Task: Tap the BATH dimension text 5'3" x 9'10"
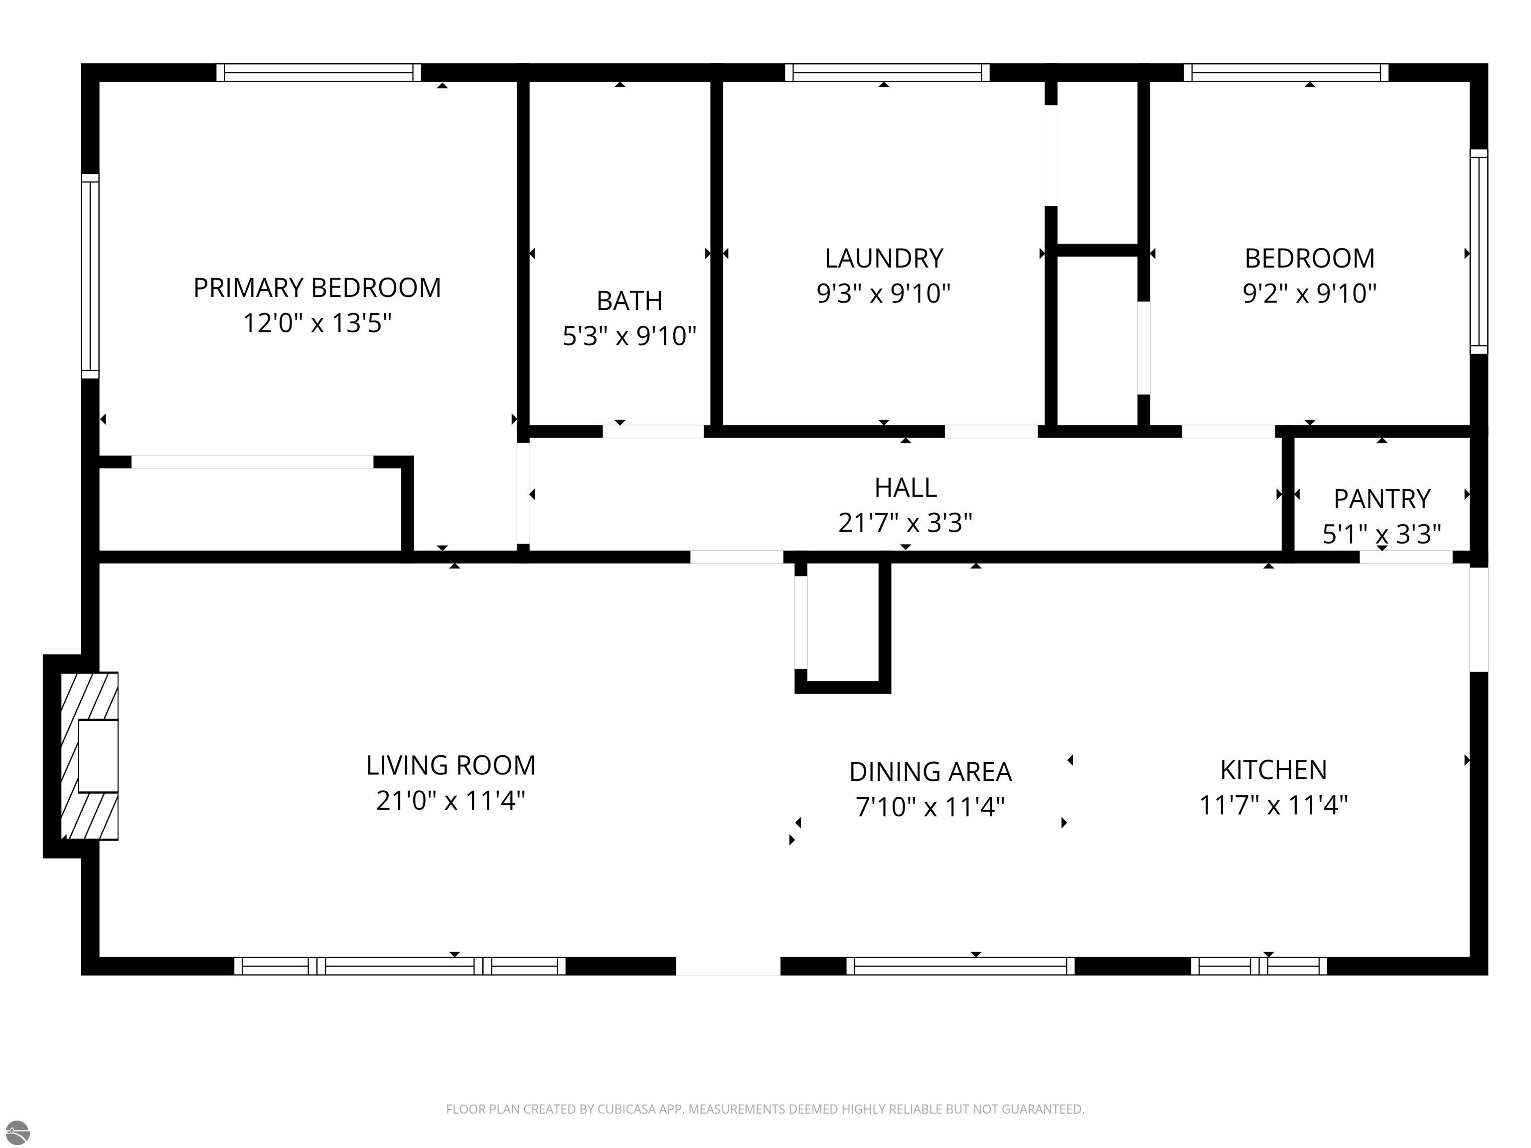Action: [x=629, y=336]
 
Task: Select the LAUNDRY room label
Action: [x=884, y=259]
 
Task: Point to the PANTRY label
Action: [x=1381, y=499]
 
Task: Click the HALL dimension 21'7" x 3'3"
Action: [x=906, y=523]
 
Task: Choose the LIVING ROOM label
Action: [x=451, y=766]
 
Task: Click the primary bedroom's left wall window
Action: [x=90, y=276]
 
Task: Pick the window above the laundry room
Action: [x=887, y=73]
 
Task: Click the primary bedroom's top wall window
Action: [x=319, y=73]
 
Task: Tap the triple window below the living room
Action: [x=400, y=966]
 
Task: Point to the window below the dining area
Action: [x=961, y=966]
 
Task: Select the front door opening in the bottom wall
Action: [x=728, y=966]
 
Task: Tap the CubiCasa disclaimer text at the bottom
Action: [x=765, y=1109]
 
